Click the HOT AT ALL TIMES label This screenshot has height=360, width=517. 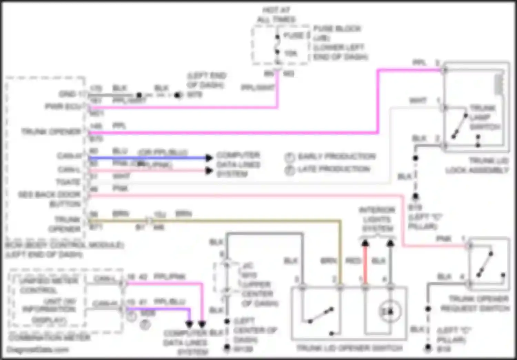(x=276, y=14)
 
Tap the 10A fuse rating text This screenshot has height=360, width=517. (x=291, y=53)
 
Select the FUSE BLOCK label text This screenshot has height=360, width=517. (x=337, y=29)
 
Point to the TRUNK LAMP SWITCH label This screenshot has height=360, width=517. (x=485, y=117)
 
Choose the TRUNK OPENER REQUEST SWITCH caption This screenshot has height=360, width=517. (x=475, y=303)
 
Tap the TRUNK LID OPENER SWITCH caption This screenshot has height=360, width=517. (x=349, y=348)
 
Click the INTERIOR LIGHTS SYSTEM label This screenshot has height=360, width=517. (x=377, y=219)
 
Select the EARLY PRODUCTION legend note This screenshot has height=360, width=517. (x=336, y=157)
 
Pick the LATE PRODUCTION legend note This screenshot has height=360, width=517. (x=334, y=169)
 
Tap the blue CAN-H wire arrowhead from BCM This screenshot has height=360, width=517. (x=209, y=158)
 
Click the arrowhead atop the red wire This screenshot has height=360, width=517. (x=365, y=243)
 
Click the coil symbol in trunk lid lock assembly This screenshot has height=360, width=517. (x=499, y=85)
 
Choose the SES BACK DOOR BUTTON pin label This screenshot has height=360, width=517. (x=50, y=199)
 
